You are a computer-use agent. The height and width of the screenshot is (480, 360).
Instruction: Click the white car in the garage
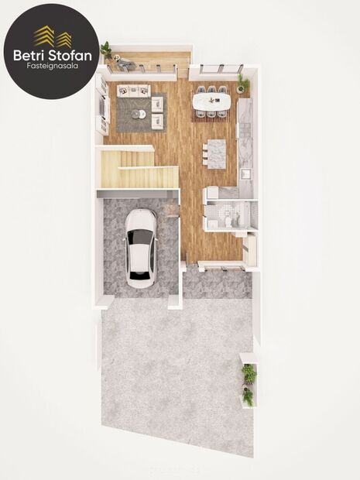(x=140, y=249)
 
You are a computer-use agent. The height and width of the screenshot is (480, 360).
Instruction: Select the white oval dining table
(x=211, y=101)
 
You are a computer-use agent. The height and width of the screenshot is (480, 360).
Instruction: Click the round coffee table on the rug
(x=138, y=114)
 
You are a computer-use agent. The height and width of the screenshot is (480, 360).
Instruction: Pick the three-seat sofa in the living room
(x=132, y=91)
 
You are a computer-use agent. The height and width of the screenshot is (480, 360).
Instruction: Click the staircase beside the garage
(x=135, y=168)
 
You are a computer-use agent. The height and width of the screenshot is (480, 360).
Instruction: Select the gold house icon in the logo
(x=52, y=36)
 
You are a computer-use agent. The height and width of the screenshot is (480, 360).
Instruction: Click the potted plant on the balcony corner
(x=105, y=49)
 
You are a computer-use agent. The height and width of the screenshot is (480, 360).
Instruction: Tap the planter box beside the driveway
(x=248, y=384)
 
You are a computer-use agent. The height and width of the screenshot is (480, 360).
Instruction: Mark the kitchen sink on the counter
(x=245, y=174)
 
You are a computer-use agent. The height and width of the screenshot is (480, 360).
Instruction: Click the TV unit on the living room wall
(x=101, y=105)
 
